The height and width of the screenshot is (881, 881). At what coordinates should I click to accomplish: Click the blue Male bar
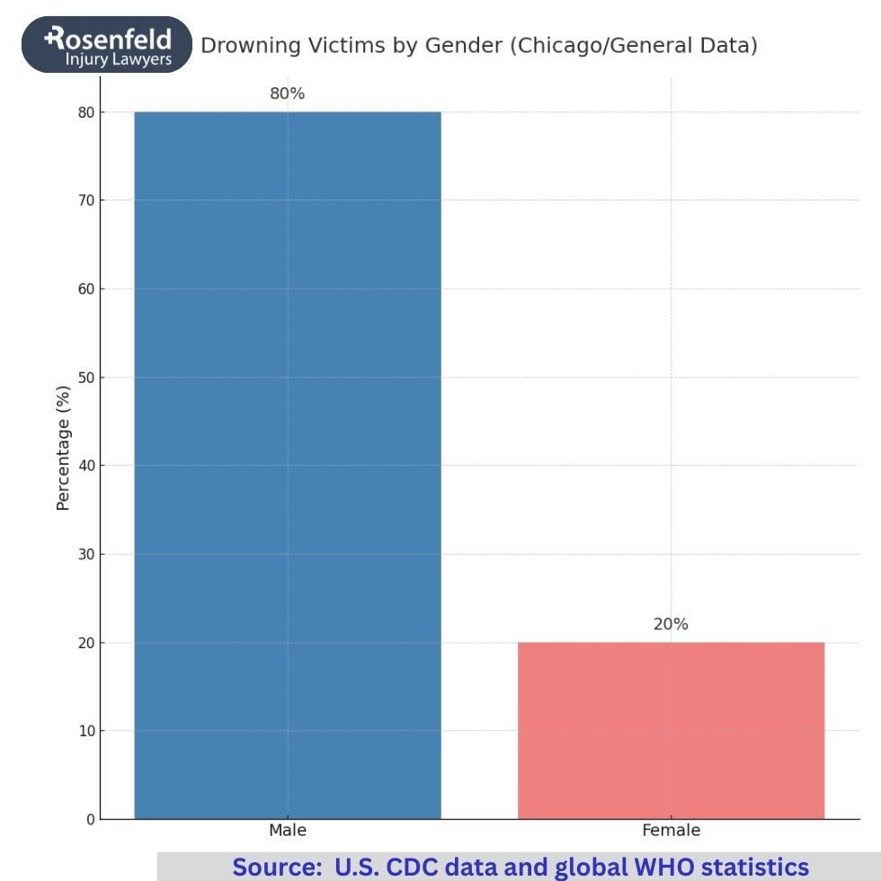288,465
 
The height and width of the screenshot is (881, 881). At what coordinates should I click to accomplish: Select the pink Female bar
671,730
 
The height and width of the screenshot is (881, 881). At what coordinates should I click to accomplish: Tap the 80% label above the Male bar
288,93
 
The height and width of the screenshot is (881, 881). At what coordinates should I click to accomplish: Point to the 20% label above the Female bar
671,624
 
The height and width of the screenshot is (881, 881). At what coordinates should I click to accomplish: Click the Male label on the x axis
288,831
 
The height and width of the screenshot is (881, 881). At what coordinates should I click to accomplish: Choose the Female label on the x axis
671,831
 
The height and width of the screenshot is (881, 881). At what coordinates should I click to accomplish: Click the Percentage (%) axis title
63,447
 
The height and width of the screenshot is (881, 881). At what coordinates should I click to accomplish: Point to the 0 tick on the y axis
90,819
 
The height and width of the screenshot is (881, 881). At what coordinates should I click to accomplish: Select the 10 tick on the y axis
85,731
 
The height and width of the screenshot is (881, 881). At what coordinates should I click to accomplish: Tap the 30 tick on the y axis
85,554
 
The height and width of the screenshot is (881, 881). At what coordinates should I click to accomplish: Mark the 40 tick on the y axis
85,466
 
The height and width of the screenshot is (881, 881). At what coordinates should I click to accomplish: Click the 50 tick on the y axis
85,378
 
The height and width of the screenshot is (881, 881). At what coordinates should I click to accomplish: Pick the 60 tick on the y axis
85,289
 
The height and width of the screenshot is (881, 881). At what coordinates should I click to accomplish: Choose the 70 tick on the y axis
85,200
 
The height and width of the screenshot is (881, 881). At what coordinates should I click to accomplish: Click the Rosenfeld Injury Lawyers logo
108,45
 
